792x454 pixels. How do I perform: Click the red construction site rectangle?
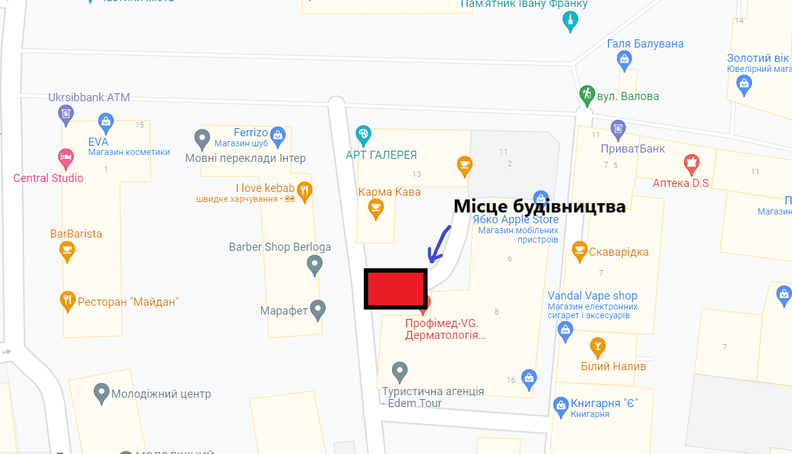click(x=395, y=289)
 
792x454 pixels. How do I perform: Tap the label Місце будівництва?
click(x=539, y=206)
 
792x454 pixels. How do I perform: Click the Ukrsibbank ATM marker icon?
click(x=66, y=114)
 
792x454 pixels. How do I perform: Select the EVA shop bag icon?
click(x=106, y=121)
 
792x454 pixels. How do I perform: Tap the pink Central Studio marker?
click(x=66, y=156)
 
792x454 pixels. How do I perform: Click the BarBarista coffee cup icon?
click(x=67, y=251)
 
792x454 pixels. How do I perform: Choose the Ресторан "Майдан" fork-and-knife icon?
click(x=68, y=301)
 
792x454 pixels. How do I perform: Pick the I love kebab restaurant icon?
click(x=304, y=191)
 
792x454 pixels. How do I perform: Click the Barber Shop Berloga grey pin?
click(x=314, y=266)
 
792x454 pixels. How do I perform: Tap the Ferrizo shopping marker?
click(x=278, y=134)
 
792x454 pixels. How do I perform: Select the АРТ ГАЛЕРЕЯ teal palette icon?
click(x=363, y=133)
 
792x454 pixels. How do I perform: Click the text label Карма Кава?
click(x=389, y=192)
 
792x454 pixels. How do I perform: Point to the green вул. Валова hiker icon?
click(x=586, y=94)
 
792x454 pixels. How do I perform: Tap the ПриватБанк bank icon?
click(x=618, y=129)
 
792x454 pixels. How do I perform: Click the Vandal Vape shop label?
click(x=592, y=296)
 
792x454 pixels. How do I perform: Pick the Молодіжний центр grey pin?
click(x=101, y=394)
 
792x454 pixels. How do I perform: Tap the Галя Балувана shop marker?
click(x=624, y=60)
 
